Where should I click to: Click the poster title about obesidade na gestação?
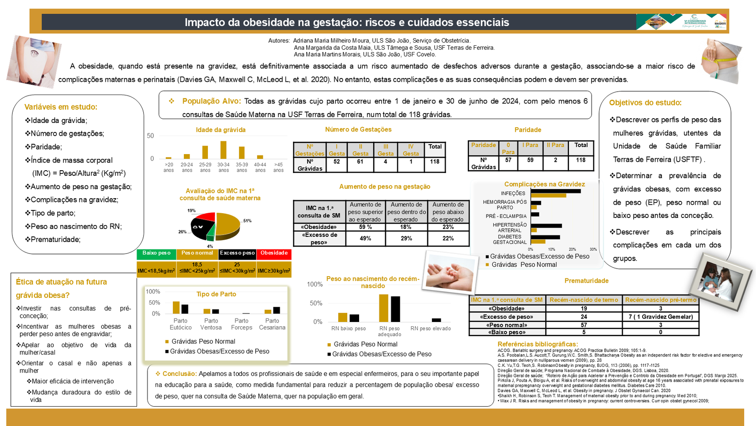tap(346, 22)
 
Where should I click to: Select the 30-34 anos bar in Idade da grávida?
tap(223, 150)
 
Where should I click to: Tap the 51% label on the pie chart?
tap(247, 221)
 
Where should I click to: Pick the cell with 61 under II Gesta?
tap(360, 162)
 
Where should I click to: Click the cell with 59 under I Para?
tap(530, 160)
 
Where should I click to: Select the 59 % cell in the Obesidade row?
tap(365, 227)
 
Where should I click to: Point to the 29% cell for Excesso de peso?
tap(406, 238)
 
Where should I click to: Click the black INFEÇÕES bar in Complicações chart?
tap(556, 191)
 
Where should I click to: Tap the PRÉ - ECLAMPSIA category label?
tap(506, 216)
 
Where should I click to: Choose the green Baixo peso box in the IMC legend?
tap(156, 253)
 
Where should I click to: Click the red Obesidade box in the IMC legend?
tap(274, 253)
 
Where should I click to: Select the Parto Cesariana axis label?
tap(272, 324)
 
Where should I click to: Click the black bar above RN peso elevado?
tap(436, 320)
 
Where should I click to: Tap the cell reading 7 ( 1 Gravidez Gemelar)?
tap(661, 317)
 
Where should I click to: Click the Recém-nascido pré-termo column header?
tap(661, 300)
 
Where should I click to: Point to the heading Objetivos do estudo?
tap(645, 103)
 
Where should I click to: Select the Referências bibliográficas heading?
tap(537, 344)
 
